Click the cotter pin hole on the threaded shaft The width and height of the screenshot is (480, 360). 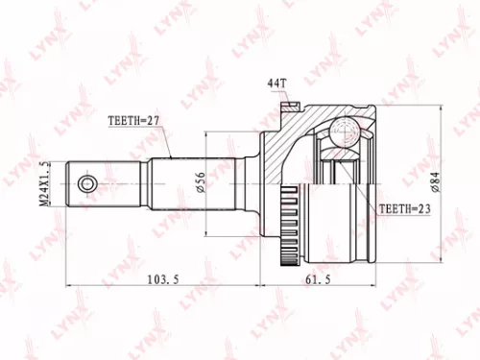87,182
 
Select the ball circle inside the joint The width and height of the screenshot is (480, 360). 344,133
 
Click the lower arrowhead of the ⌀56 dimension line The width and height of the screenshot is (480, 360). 208,229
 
